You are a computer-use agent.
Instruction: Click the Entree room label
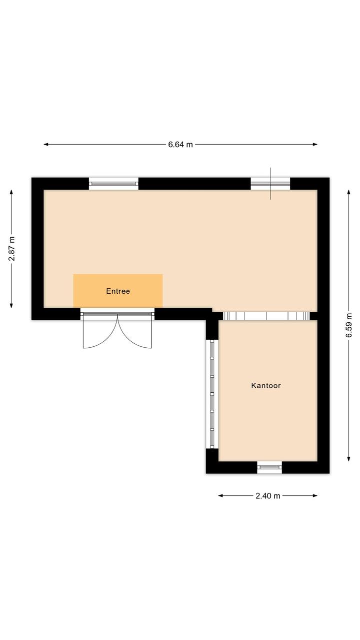pos(118,291)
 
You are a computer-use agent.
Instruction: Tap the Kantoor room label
pos(266,385)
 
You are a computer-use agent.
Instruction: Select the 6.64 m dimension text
pos(180,145)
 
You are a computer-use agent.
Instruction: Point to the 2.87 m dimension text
pos(12,249)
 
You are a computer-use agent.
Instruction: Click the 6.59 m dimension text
pos(349,325)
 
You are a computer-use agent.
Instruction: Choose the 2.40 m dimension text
pos(268,496)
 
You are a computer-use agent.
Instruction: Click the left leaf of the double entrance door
pos(100,331)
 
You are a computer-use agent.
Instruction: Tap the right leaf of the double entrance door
pos(135,331)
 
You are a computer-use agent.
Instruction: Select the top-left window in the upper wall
pos(113,184)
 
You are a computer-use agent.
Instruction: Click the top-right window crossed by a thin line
pos(270,184)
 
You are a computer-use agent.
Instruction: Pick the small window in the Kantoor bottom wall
pos(269,467)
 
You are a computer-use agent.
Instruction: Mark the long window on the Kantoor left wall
pos(212,394)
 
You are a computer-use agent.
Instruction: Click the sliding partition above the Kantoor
pos(266,316)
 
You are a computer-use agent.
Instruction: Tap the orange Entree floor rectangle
pos(118,291)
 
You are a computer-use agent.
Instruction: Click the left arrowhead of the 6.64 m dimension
pos(45,145)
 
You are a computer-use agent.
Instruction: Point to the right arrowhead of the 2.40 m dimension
pos(315,496)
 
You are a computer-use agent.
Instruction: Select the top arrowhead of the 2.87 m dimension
pos(11,192)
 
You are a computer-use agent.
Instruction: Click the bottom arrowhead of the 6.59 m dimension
pos(348,459)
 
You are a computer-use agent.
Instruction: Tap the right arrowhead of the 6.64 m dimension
pos(315,145)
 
